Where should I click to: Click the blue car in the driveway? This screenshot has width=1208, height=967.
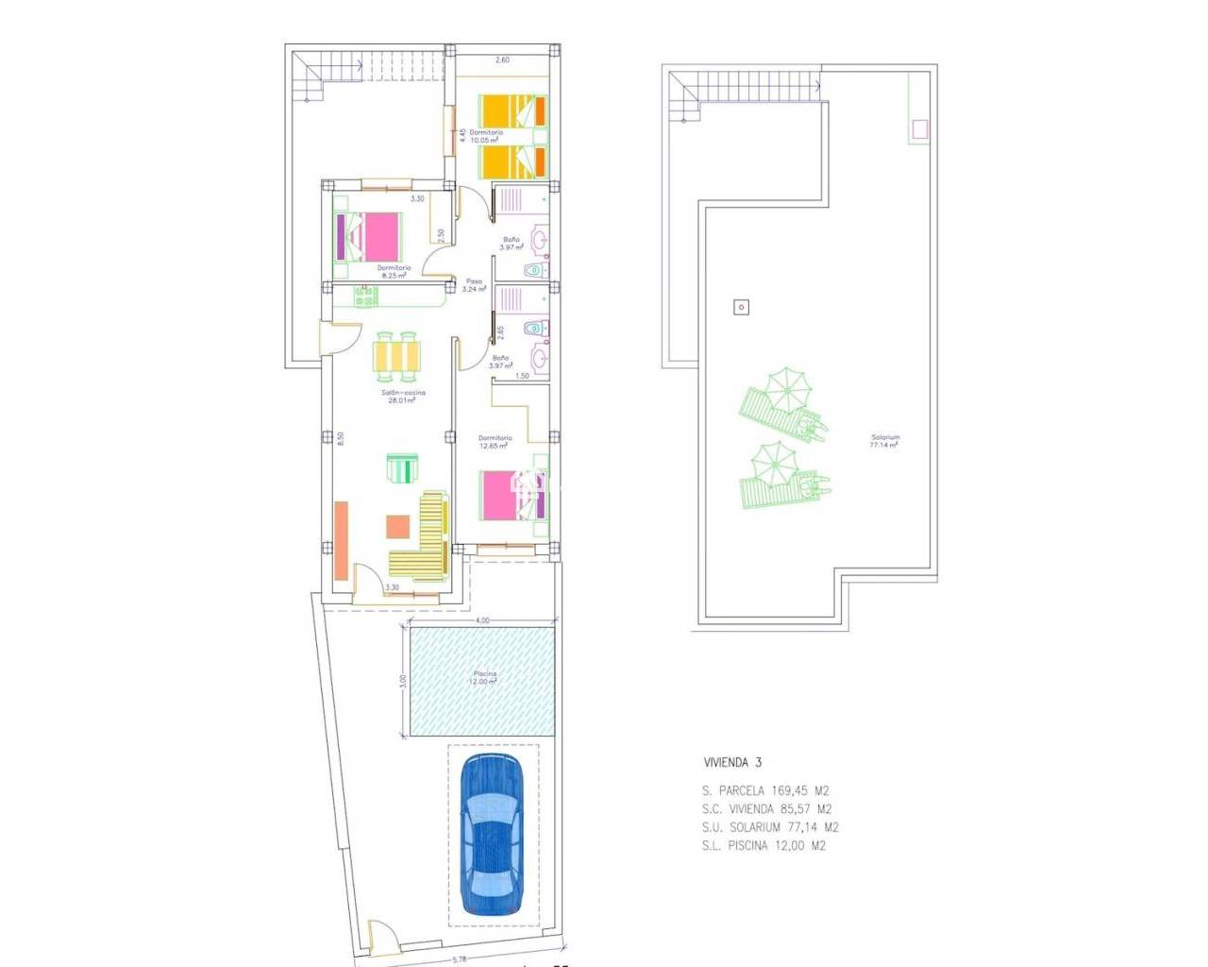[491, 833]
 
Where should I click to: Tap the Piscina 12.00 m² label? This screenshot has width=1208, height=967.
[484, 678]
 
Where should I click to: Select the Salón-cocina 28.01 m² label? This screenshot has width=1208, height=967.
[403, 397]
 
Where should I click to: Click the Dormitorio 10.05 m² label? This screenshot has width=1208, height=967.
[486, 136]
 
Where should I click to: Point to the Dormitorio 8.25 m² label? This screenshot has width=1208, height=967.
[394, 272]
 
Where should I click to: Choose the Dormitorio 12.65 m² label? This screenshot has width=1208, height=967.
[495, 442]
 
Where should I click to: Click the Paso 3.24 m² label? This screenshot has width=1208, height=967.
[474, 285]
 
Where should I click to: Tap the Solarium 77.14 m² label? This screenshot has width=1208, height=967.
[884, 441]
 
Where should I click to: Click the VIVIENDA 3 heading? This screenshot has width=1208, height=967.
[732, 762]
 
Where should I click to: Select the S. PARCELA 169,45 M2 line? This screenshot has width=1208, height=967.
[765, 791]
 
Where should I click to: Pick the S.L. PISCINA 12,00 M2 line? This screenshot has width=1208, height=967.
[763, 846]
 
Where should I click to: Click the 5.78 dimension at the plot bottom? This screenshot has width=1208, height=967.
[460, 959]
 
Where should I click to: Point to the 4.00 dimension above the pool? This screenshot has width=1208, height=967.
[482, 620]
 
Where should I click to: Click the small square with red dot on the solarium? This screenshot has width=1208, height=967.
[742, 307]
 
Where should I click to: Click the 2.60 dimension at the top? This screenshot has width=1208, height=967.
[502, 60]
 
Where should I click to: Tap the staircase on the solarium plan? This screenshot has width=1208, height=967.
[746, 92]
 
